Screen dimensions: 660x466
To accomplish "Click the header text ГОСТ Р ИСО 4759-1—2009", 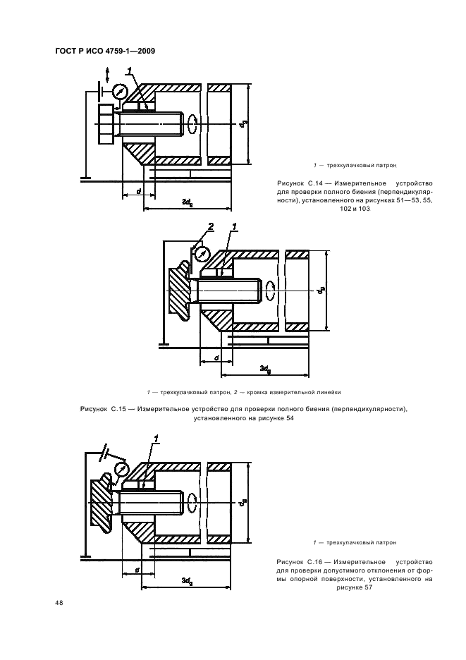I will [104, 50].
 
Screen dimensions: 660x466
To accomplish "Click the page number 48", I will [59, 602].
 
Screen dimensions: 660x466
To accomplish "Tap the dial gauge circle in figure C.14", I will [120, 92].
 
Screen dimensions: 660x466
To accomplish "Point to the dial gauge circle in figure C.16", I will [121, 468].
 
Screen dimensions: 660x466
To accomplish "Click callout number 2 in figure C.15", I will [209, 227].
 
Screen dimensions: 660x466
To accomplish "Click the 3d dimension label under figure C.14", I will [187, 202].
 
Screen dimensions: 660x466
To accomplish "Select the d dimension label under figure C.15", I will [215, 357].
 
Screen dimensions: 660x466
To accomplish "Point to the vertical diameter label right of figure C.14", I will [242, 124].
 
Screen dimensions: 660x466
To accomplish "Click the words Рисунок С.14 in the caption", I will [298, 183].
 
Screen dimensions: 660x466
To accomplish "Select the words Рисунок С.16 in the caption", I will [298, 561].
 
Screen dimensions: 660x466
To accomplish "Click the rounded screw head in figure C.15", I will [180, 291].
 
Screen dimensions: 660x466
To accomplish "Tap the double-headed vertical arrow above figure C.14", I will [106, 75].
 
